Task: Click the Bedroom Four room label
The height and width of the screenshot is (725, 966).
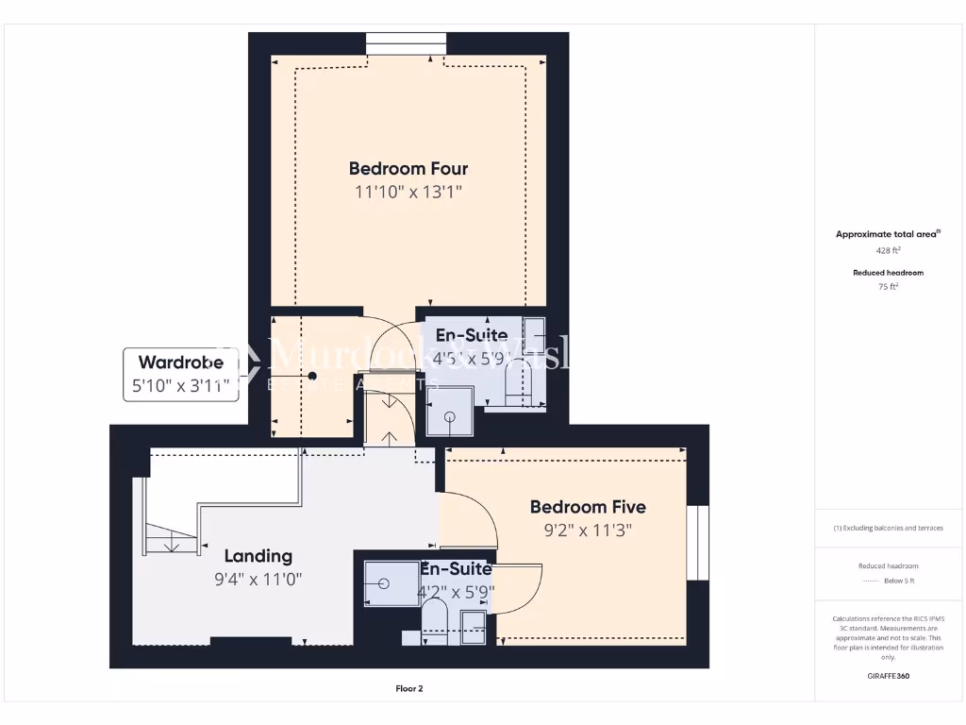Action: point(408,169)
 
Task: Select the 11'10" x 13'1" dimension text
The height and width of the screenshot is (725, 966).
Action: point(408,193)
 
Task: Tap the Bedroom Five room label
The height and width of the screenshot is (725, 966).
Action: point(587,507)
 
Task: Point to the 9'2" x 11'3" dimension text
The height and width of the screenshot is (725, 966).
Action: point(587,531)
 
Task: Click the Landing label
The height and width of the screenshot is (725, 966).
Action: point(258,556)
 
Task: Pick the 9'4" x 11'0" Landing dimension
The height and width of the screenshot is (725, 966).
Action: point(258,580)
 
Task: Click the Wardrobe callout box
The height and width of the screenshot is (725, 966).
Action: point(181,374)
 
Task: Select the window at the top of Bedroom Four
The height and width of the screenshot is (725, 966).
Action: point(406,44)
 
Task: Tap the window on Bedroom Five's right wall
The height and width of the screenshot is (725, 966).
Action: point(697,543)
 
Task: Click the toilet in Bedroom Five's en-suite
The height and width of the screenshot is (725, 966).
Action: point(435,623)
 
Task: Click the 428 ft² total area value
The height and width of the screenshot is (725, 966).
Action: point(888,251)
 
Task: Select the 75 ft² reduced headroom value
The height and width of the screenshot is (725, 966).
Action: point(888,287)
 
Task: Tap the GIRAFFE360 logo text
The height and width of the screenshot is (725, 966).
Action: point(888,676)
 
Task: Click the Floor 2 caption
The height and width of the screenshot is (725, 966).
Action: point(408,689)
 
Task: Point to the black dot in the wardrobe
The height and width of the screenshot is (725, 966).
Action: point(311,375)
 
